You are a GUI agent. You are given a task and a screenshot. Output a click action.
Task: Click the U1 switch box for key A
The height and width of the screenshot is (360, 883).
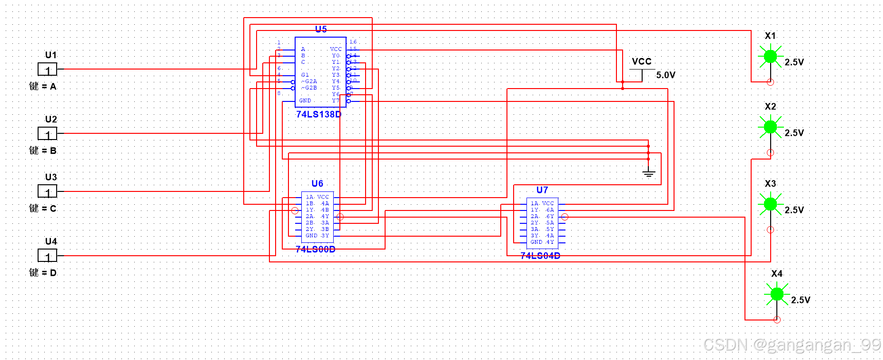click(47, 70)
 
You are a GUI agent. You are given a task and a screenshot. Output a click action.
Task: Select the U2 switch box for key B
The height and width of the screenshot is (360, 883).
click(47, 134)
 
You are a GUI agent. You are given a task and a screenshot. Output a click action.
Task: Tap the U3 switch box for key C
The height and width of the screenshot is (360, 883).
click(47, 191)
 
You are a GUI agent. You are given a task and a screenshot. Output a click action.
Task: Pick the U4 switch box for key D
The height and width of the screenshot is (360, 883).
click(47, 256)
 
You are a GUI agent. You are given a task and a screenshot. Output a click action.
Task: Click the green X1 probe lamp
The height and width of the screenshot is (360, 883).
click(770, 57)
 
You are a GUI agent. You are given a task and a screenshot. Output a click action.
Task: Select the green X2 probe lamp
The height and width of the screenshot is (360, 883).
click(770, 127)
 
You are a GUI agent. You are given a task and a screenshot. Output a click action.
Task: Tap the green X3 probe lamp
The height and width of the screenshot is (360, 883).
click(770, 204)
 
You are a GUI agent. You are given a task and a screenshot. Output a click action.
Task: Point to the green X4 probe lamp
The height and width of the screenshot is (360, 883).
click(776, 294)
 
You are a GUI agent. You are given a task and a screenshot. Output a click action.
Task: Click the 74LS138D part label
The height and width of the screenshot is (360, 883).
click(318, 114)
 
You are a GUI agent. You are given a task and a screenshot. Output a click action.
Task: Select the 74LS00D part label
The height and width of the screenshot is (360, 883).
click(315, 250)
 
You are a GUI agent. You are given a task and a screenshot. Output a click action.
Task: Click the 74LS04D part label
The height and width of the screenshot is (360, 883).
click(540, 256)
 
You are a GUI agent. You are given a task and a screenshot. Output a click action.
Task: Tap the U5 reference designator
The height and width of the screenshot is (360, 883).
click(321, 30)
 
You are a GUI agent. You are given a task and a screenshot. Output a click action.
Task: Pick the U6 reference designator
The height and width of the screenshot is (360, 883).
click(317, 184)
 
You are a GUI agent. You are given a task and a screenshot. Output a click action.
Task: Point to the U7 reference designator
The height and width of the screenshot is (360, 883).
click(542, 190)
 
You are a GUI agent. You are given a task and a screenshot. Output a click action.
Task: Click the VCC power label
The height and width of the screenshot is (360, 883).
click(641, 61)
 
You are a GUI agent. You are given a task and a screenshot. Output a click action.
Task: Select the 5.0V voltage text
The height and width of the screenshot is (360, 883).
click(665, 75)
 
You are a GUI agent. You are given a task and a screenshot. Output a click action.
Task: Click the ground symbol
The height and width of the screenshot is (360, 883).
click(648, 173)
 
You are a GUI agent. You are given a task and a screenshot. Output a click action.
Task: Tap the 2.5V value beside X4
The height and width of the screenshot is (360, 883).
click(800, 300)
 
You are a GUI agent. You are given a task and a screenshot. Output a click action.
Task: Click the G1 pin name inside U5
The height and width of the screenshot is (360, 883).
click(305, 75)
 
